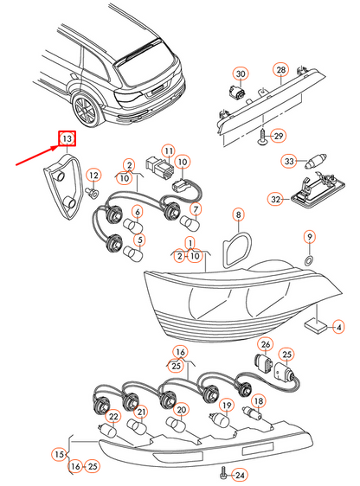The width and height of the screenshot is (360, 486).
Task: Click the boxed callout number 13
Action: pyautogui.click(x=67, y=138)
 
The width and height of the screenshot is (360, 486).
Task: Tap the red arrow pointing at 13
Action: pyautogui.click(x=38, y=156)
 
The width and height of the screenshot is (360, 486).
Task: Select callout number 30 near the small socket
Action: pyautogui.click(x=241, y=74)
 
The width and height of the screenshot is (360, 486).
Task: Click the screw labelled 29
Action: pyautogui.click(x=262, y=137)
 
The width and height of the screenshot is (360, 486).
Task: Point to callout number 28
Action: pyautogui.click(x=281, y=70)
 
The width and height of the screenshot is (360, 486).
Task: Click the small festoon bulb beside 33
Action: pyautogui.click(x=315, y=162)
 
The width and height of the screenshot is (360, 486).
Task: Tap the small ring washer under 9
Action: pyautogui.click(x=309, y=260)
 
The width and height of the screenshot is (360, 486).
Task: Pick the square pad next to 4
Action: pyautogui.click(x=316, y=326)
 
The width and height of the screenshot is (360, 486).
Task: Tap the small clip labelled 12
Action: pyautogui.click(x=92, y=193)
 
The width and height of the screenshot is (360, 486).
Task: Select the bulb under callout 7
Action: pyautogui.click(x=190, y=221)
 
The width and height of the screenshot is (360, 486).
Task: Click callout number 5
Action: pyautogui.click(x=140, y=240)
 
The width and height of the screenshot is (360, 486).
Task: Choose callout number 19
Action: pyautogui.click(x=227, y=406)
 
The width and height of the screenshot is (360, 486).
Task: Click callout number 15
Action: pyautogui.click(x=59, y=455)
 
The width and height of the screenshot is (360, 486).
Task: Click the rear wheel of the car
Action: pyautogui.click(x=86, y=110)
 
